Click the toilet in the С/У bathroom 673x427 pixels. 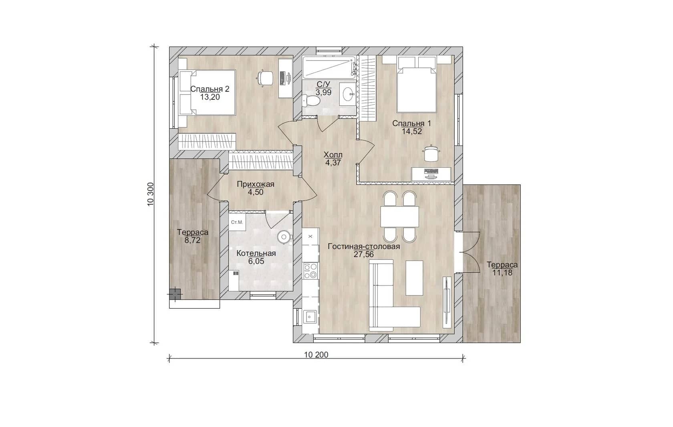pos(311,100)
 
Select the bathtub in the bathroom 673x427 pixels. pos(329,68)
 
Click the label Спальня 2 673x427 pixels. pos(210,89)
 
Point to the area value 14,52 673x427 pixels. pos(412,132)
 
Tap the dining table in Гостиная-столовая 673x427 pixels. pos(400,217)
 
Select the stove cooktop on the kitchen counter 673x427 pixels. pos(311,271)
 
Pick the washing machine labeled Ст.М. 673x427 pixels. pos(237,222)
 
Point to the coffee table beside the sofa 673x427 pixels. pos(414,278)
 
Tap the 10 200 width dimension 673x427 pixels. pos(316,355)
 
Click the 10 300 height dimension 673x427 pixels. pos(151,194)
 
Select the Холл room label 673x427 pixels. pos(333,155)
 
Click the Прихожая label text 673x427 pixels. pos(256,184)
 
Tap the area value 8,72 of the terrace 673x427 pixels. pos(193,240)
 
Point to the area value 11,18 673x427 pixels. pos(502,273)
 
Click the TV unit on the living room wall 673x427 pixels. pos(447,302)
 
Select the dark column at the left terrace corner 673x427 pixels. pos(175,294)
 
